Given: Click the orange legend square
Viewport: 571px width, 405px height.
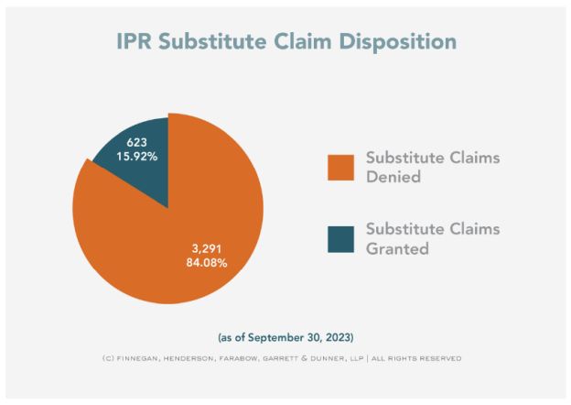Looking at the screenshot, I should point(340,167).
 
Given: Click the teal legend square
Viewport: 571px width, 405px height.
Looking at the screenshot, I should point(340,238).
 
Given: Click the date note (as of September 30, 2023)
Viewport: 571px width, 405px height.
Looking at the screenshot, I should point(285,336).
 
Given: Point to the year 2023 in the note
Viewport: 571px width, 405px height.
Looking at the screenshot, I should point(336,336).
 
